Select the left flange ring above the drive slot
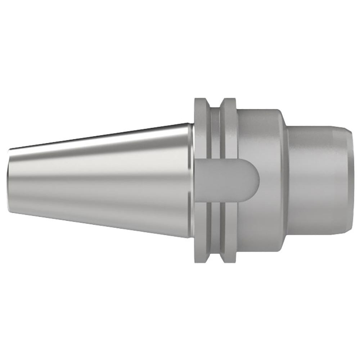coord(202,126)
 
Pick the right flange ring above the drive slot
coord(228,126)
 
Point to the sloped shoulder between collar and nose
coord(284,180)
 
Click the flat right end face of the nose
coord(350,180)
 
